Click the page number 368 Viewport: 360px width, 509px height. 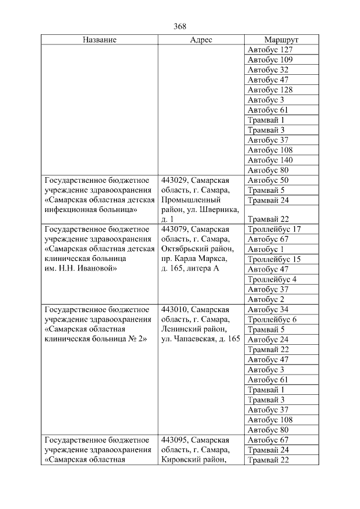[180, 26]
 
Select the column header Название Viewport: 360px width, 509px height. [100, 40]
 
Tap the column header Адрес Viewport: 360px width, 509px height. [201, 40]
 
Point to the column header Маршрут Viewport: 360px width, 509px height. [281, 40]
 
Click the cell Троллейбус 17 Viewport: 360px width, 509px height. [274, 229]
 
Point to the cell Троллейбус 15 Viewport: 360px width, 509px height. [274, 259]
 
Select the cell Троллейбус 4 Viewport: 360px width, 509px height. [272, 279]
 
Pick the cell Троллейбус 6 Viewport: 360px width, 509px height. [272, 319]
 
